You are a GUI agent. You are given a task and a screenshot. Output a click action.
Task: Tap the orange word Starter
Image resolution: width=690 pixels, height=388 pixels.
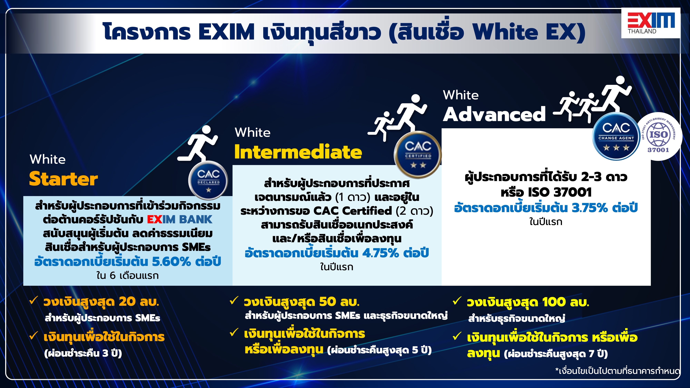click(63, 179)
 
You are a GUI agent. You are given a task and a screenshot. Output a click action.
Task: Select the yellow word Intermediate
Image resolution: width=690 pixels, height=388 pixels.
click(298, 152)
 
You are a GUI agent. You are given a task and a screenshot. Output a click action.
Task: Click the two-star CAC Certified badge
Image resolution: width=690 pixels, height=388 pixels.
click(418, 155)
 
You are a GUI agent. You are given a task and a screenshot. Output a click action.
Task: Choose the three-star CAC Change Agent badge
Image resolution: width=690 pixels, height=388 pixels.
click(616, 136)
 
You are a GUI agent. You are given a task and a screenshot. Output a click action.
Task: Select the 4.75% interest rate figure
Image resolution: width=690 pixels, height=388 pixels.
click(380, 253)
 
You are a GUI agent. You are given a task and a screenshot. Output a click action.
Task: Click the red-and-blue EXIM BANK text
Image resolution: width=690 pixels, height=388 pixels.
click(179, 219)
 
